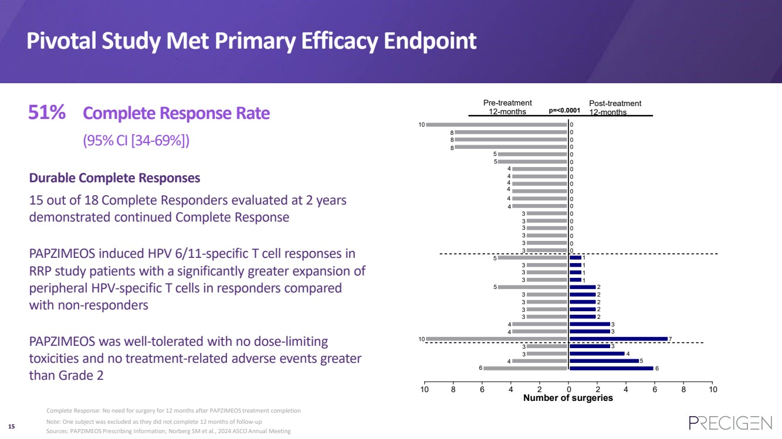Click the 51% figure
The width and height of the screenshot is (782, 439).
click(46, 113)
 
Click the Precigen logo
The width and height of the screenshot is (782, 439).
click(730, 423)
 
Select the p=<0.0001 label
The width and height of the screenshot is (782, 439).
click(564, 110)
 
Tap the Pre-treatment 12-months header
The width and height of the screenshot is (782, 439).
click(507, 107)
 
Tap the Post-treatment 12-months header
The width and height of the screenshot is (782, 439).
click(615, 108)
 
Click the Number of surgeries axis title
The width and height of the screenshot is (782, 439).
click(568, 399)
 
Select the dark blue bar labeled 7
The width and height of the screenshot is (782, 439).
click(618, 339)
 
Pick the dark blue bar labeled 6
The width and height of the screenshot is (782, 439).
click(611, 368)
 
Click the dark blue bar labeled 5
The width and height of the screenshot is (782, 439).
click(604, 361)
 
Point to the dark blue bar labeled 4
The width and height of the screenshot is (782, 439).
click(597, 353)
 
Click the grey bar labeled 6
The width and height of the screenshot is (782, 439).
click(525, 368)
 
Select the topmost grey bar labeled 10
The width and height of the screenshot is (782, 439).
click(496, 124)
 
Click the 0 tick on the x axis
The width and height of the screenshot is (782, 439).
click(568, 389)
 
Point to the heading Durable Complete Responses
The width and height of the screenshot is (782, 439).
click(114, 178)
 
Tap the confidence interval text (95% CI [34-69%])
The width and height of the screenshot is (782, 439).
click(136, 141)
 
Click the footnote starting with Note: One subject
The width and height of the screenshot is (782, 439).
click(154, 422)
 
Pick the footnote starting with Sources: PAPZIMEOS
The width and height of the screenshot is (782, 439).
click(168, 431)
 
